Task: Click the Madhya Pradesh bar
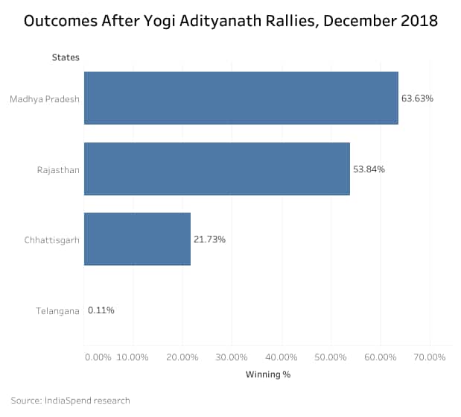(241, 98)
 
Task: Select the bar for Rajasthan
(217, 169)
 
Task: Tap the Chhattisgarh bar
(137, 239)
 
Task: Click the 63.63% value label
(417, 98)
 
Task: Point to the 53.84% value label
(368, 169)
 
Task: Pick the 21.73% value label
(209, 239)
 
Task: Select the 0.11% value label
(101, 310)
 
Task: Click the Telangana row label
(57, 311)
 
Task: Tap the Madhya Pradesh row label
(45, 98)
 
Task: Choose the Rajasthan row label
(58, 169)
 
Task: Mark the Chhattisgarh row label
(52, 240)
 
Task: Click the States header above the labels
(66, 57)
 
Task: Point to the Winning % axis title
(267, 374)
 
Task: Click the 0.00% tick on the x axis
(98, 357)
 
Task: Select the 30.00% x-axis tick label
(232, 357)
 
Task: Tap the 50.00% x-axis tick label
(331, 357)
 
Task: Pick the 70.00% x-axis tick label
(429, 357)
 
